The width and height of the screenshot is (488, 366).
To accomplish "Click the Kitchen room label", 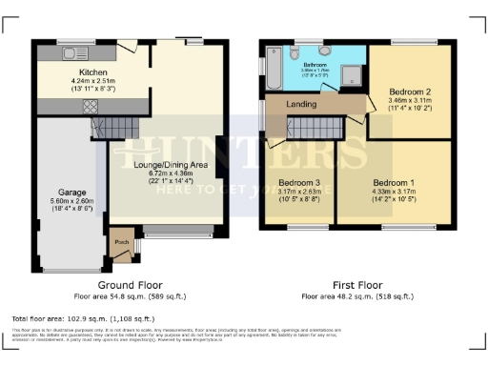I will pos(92,71).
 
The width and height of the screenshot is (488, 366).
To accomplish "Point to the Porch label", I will pos(121,240).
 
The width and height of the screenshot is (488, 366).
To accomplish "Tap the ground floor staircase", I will pos(114,125).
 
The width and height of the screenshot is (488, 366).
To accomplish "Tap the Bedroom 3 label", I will pos(298,181).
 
